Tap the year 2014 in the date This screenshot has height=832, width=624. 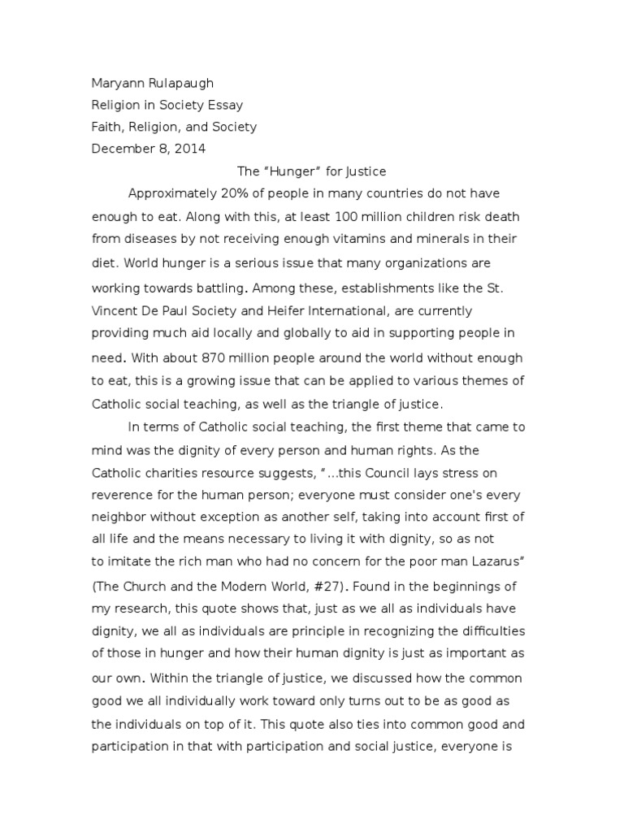(189, 148)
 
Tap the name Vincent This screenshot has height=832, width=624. (115, 310)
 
